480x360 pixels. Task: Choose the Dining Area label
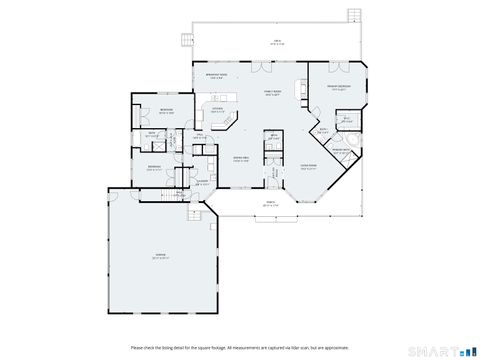coord(241,158)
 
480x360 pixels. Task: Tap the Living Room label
coord(310,166)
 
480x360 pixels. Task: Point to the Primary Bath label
coord(340,151)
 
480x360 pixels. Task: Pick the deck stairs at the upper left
coord(184,40)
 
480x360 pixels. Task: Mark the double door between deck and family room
coord(261,66)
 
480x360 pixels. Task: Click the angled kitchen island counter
coord(228,123)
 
